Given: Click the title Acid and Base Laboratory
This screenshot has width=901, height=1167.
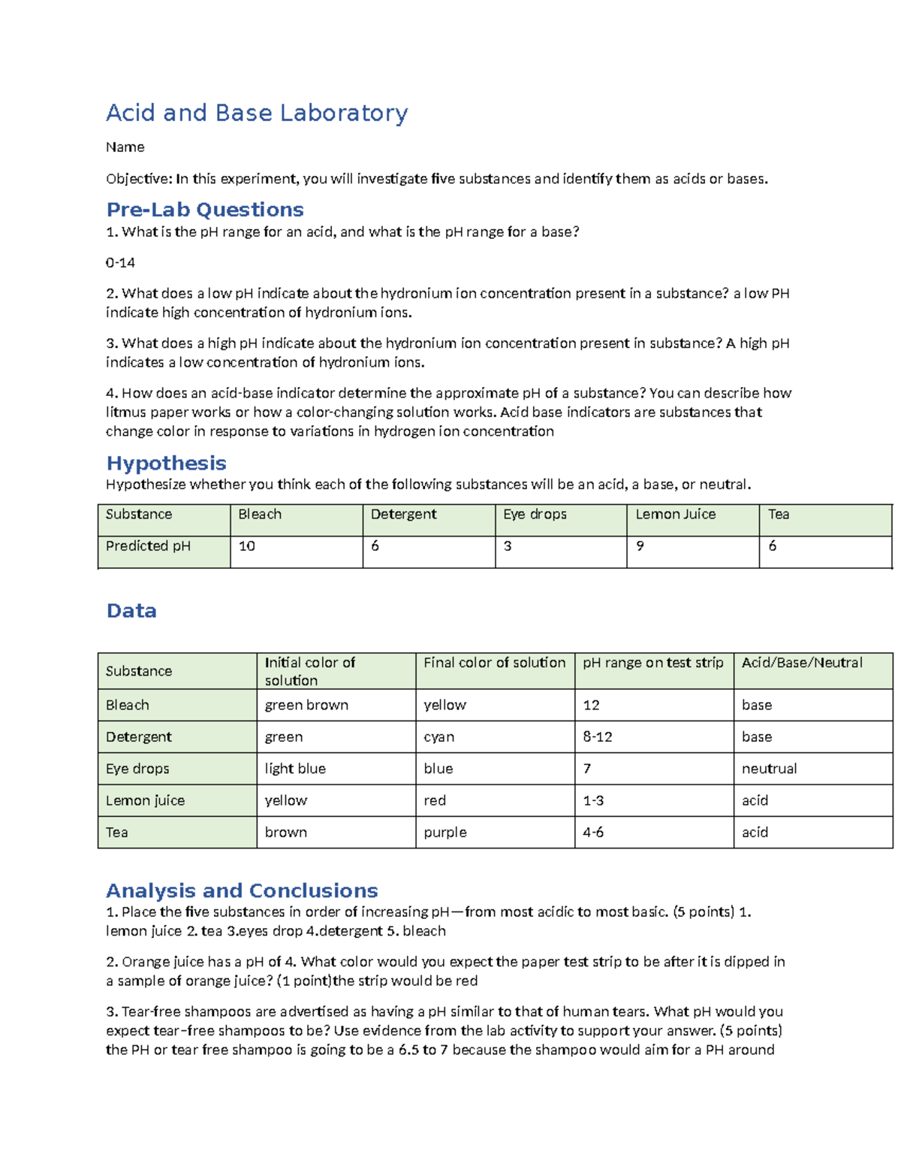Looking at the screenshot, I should click(x=257, y=113).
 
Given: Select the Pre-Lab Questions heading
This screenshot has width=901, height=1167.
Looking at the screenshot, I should click(x=205, y=210).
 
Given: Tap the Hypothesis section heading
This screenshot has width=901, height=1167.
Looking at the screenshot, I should click(x=166, y=463).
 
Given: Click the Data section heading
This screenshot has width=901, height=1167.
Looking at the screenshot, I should click(x=131, y=610).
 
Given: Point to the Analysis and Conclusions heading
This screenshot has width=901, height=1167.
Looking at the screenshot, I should click(x=242, y=890).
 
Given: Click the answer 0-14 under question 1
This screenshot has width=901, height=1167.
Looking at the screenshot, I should click(x=120, y=262).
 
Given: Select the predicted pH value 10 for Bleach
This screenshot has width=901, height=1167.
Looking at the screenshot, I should click(x=247, y=546).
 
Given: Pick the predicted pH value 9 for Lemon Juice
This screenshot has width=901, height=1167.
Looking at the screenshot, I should click(x=640, y=546).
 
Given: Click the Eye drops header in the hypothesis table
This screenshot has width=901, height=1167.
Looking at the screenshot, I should click(x=535, y=514).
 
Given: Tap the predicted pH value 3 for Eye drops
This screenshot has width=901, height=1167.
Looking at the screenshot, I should click(x=508, y=546).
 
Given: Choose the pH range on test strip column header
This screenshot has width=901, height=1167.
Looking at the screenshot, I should click(x=652, y=663).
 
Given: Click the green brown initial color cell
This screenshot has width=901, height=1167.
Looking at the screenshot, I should click(x=306, y=705).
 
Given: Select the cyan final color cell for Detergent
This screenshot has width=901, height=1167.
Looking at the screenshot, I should click(x=438, y=737).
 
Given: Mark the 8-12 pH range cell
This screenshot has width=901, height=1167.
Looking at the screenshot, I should click(x=597, y=737).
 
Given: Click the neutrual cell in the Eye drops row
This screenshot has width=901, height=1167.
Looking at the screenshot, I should click(x=769, y=769).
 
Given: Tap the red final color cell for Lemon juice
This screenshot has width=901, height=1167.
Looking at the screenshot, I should click(x=435, y=800).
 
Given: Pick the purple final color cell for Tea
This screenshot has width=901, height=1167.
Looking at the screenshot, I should click(x=444, y=833).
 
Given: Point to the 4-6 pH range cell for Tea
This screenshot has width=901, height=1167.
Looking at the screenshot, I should click(x=593, y=833).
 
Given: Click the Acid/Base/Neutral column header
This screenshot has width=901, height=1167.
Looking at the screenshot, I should click(x=802, y=663).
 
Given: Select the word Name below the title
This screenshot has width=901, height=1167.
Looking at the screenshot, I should click(x=125, y=147).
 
